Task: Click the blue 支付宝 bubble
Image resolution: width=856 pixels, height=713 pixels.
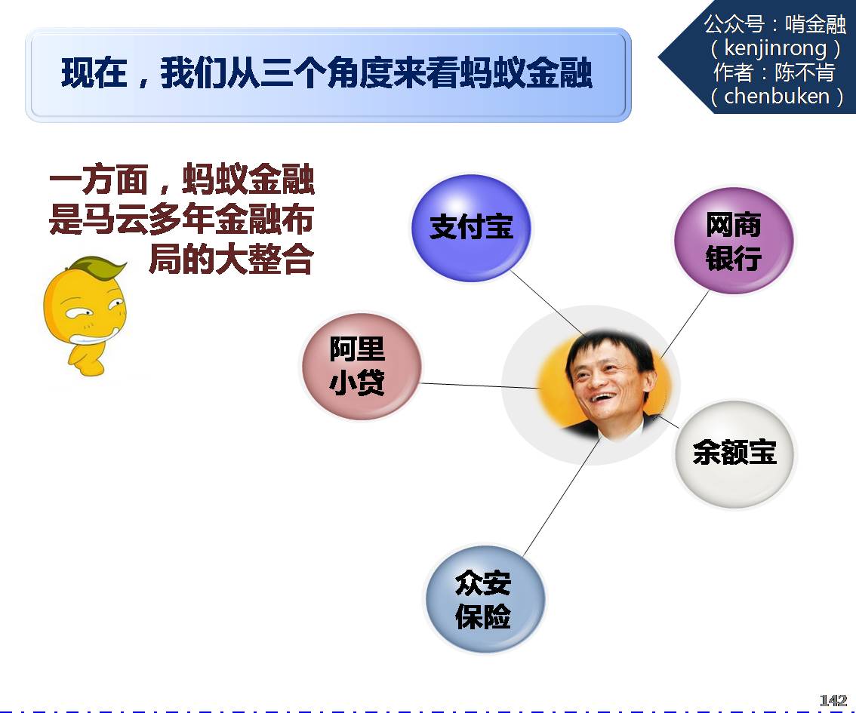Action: tap(471, 228)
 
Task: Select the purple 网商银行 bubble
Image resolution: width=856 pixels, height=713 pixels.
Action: tap(733, 240)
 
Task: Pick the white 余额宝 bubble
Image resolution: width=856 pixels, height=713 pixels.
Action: tap(734, 454)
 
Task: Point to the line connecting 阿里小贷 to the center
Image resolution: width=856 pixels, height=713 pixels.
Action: tap(479, 386)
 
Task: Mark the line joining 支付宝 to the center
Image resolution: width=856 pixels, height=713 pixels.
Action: tap(548, 303)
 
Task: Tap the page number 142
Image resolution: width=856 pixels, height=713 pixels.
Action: tap(833, 700)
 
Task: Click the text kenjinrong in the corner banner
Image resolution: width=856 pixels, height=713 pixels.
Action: tap(775, 48)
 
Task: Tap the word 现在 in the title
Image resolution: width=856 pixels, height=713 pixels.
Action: tap(94, 73)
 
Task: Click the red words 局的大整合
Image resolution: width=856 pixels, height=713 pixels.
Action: tap(232, 259)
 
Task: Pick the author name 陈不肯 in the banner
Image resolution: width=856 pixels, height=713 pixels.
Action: tap(805, 72)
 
